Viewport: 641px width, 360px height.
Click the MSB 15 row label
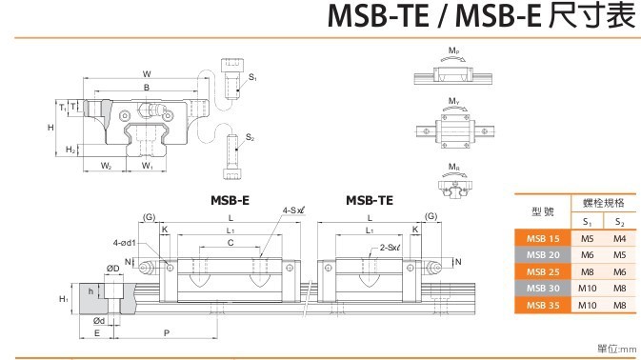click(x=543, y=239)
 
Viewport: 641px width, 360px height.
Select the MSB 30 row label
click(x=543, y=288)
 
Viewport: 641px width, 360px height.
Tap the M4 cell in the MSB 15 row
click(x=619, y=239)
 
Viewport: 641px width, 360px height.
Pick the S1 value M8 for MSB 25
click(x=587, y=271)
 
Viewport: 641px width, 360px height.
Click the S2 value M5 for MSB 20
click(x=619, y=255)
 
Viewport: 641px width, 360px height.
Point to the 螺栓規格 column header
click(x=604, y=203)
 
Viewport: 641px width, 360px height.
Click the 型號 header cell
click(x=543, y=211)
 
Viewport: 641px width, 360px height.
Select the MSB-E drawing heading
click(x=230, y=200)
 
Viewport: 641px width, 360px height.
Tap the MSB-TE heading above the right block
click(x=370, y=200)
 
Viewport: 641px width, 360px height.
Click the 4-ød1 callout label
click(x=124, y=243)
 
